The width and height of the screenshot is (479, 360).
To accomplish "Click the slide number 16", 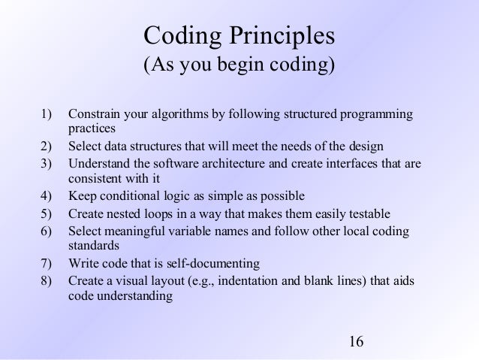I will click(x=356, y=343).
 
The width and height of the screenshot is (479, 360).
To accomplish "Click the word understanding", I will click(x=133, y=295).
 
